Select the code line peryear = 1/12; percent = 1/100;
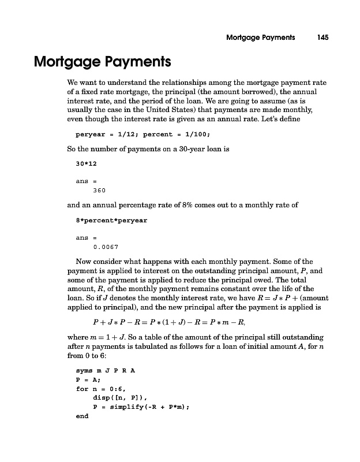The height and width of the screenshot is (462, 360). [x=143, y=135]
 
